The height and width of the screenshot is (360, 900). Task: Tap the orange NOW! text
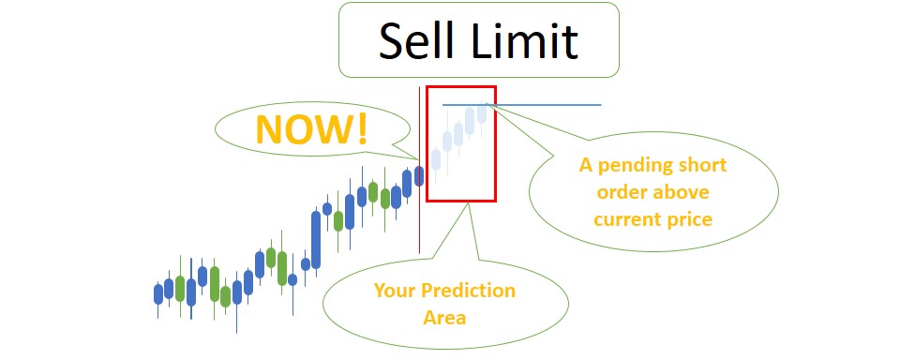click(312, 130)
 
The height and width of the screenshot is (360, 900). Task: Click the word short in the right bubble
click(703, 165)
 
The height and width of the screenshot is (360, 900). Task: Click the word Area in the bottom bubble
click(444, 317)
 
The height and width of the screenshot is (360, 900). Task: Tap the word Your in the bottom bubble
click(394, 290)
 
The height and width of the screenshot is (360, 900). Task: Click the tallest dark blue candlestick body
click(316, 239)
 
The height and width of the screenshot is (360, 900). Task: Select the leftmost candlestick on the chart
click(157, 293)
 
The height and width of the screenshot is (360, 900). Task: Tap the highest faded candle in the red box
click(483, 112)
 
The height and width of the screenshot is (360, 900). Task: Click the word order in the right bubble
click(630, 192)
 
